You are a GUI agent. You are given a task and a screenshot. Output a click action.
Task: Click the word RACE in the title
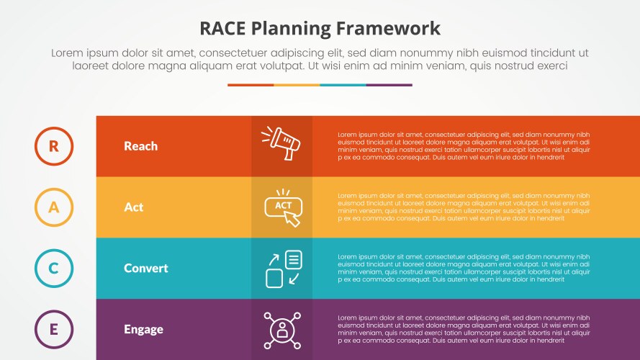(226, 29)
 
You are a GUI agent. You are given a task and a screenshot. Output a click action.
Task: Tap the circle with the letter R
(54, 146)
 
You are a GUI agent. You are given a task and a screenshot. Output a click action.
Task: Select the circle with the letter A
(54, 207)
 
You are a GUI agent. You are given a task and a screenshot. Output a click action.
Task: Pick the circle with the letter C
(54, 269)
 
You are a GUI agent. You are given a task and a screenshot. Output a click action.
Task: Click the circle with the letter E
(54, 330)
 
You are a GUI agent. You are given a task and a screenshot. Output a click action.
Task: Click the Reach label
(140, 146)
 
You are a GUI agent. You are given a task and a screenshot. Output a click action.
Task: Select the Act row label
(133, 207)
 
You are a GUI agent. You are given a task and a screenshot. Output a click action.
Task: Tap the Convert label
(145, 269)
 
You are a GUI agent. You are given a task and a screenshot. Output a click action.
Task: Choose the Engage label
(143, 330)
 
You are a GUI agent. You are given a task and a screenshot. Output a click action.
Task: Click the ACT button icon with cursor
(283, 207)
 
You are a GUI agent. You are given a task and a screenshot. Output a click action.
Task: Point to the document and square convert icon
(283, 269)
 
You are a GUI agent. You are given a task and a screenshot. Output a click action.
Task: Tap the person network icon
(281, 330)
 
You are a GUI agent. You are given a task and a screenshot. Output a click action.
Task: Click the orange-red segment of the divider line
(251, 85)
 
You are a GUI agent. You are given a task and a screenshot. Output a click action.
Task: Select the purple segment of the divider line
(389, 85)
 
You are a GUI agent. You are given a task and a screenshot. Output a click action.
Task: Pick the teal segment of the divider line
(343, 85)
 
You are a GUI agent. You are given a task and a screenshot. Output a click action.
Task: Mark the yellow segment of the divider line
(297, 85)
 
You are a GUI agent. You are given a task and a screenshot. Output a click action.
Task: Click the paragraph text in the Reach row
(464, 146)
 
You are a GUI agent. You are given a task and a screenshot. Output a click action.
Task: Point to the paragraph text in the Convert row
(464, 269)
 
